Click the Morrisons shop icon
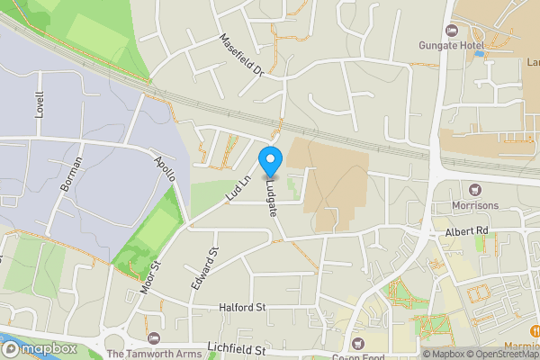pos(476,189)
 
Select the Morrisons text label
pos(476,205)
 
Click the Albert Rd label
pos(465,231)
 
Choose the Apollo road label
pos(164,168)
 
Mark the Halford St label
pos(242,307)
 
